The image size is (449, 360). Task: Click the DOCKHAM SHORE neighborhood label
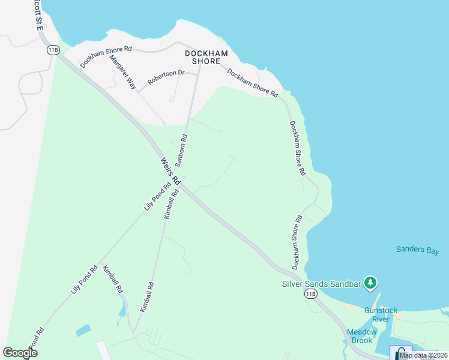210,57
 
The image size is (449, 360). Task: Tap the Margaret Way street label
123,71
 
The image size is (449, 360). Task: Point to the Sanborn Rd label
181,150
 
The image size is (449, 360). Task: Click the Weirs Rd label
170,171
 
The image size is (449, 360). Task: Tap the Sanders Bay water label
418,250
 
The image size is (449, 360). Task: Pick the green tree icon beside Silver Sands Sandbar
371,281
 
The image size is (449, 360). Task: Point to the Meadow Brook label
361,336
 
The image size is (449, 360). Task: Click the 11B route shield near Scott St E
53,50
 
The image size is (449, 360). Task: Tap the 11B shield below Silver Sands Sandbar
310,293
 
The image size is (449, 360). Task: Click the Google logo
20,353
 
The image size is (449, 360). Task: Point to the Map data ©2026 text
423,355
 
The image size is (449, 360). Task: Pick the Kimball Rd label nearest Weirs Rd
170,205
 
